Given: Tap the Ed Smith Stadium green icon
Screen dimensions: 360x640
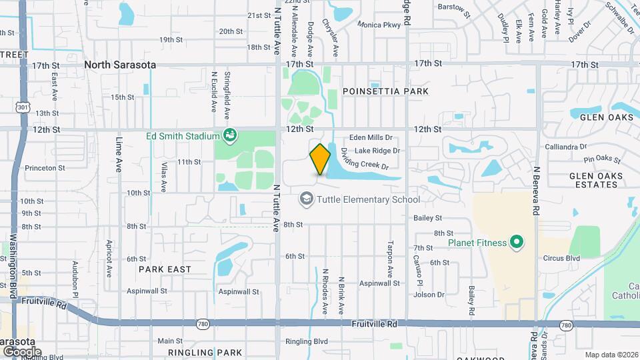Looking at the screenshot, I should click(x=230, y=136).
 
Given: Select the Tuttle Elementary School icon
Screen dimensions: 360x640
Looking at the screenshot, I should click(x=306, y=199).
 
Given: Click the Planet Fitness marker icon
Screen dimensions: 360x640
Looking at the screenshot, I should click(x=515, y=243).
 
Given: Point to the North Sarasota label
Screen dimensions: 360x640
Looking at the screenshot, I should click(x=120, y=65).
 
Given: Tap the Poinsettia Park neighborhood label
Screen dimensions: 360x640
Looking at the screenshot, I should click(x=385, y=91).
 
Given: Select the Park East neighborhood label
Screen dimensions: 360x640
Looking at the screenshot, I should click(x=165, y=269).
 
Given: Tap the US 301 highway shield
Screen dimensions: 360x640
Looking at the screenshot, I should click(x=24, y=107).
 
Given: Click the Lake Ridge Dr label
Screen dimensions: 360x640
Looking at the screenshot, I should click(x=377, y=151).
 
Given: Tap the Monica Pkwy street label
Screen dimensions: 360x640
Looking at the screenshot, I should click(x=379, y=25).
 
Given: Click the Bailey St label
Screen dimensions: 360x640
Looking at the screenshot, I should click(x=428, y=218).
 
